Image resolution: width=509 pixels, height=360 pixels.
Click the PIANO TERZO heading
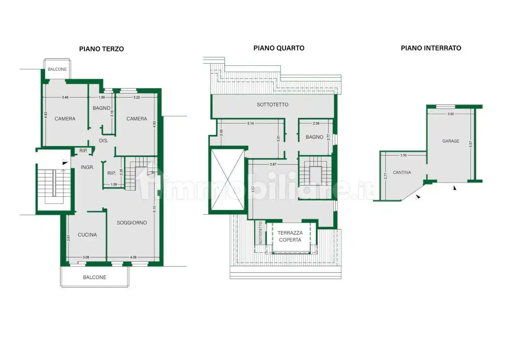pos(101,49)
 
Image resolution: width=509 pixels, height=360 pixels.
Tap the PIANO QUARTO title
pos(279,48)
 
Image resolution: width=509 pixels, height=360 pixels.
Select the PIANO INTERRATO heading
pos(431,48)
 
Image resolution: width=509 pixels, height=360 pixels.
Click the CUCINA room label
pos(87,235)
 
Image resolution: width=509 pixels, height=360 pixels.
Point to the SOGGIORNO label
pos(132,223)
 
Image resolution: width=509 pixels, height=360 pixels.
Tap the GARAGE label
pos(450,141)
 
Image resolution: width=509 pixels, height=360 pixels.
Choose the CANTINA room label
pos(402,172)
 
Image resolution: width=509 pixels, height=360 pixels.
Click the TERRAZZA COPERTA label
pos(290,236)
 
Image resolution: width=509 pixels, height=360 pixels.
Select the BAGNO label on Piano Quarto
pos(314,137)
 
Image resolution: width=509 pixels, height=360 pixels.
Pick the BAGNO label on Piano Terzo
pos(101,108)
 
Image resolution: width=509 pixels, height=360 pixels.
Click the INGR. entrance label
pos(87,167)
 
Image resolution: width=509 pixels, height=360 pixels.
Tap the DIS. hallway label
pos(103,141)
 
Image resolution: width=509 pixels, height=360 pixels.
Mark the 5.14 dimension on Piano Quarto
pos(250,123)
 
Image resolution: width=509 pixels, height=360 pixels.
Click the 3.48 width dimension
pos(65,97)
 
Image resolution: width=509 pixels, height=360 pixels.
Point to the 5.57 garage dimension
pos(471,144)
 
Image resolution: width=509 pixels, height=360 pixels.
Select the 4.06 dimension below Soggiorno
pos(133,257)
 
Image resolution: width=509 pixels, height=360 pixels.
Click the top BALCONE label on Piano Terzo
pos(57,69)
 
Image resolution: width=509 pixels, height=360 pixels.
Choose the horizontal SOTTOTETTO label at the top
pos(272,105)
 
